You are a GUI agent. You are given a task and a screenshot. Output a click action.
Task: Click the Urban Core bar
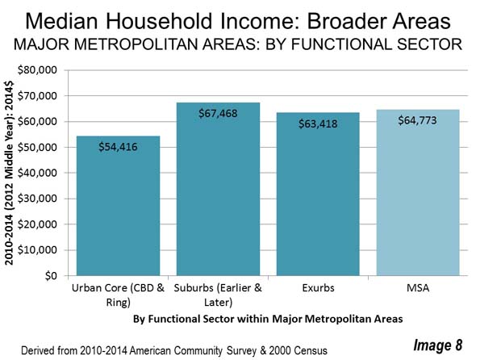(x=118, y=206)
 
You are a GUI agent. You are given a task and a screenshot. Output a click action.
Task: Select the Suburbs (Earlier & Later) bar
(x=218, y=189)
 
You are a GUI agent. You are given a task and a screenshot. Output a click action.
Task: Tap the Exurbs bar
(x=318, y=195)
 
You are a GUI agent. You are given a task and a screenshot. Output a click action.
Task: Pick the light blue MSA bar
(x=418, y=192)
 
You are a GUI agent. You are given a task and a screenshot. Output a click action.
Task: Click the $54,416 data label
(x=118, y=147)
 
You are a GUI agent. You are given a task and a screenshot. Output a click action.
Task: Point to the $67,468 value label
(x=218, y=114)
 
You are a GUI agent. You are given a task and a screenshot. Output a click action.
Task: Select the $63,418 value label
(x=318, y=124)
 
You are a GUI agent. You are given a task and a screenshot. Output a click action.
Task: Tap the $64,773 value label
(x=418, y=120)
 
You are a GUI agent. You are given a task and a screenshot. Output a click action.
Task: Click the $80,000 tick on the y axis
(x=37, y=70)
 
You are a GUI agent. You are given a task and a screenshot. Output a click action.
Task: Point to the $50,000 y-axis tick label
(x=37, y=148)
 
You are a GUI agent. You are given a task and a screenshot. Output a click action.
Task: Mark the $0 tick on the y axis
(x=51, y=276)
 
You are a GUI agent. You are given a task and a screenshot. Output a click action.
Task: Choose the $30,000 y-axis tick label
(x=37, y=199)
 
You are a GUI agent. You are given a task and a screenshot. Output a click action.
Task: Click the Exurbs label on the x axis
(x=319, y=288)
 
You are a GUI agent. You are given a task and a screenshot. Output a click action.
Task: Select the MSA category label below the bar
(x=418, y=288)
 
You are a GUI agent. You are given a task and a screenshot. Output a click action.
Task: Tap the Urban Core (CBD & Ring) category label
(x=118, y=295)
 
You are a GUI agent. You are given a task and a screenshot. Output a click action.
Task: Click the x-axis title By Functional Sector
(x=268, y=319)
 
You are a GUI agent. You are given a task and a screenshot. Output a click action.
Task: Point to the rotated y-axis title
(x=9, y=173)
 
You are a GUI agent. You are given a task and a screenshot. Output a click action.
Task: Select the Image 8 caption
(x=438, y=345)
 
